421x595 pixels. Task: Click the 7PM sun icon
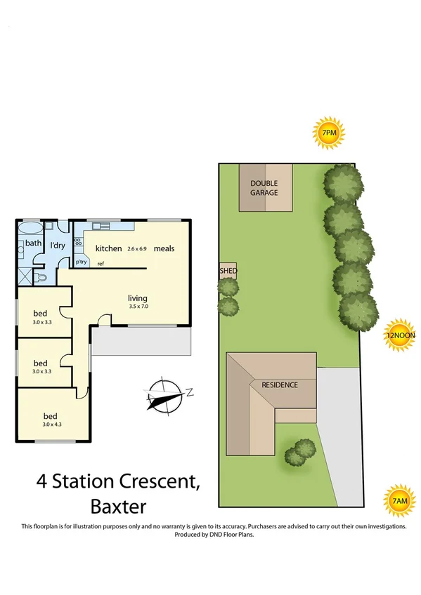tap(328, 133)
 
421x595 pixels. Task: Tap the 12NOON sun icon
tap(400, 335)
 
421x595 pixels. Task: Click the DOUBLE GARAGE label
tap(264, 188)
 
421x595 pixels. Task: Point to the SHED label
tap(228, 271)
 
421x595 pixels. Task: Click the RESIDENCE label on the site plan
tap(280, 385)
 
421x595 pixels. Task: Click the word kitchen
tap(109, 248)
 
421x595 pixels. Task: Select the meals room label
tap(164, 248)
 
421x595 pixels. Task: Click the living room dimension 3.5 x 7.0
tap(138, 307)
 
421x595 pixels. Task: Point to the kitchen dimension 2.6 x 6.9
tap(138, 249)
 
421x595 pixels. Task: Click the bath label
tap(34, 243)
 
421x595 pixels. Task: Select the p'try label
tap(82, 262)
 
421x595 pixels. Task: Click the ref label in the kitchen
tap(101, 264)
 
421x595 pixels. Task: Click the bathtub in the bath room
tap(30, 229)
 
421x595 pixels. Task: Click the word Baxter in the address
tap(119, 505)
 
